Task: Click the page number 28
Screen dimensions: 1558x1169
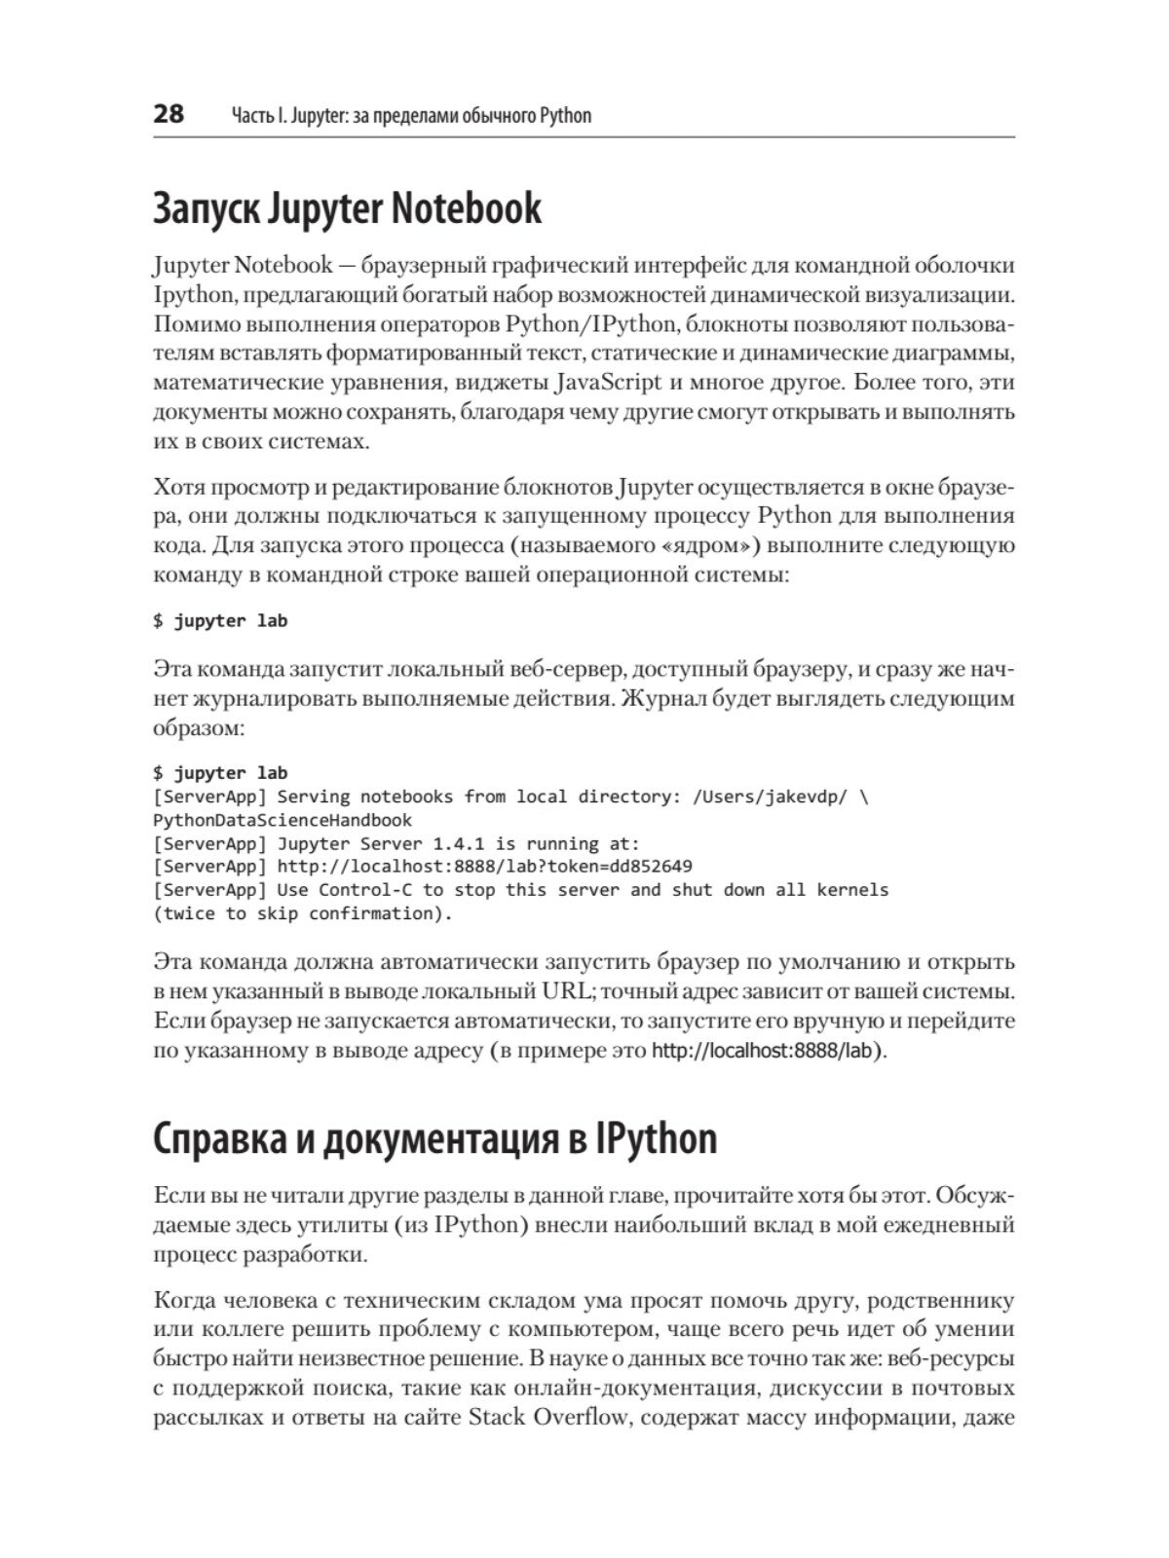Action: pos(169,114)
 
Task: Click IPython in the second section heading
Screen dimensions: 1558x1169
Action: pos(655,1138)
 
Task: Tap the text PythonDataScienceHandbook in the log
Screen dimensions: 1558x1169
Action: pos(283,820)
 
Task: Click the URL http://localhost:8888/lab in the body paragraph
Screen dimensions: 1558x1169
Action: pos(766,1052)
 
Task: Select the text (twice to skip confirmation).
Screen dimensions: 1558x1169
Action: pos(303,913)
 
